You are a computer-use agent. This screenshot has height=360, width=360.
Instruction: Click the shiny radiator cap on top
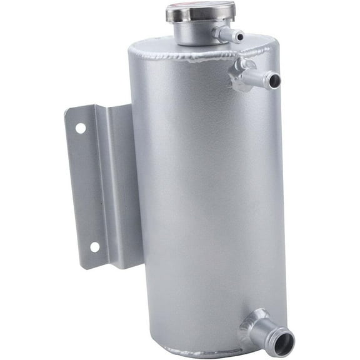(x=200, y=11)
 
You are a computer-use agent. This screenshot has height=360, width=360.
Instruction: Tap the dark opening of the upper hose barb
(x=274, y=80)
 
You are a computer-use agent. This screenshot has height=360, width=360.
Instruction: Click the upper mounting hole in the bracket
(x=81, y=128)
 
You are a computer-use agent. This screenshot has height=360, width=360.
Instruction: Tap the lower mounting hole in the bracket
(x=94, y=247)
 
